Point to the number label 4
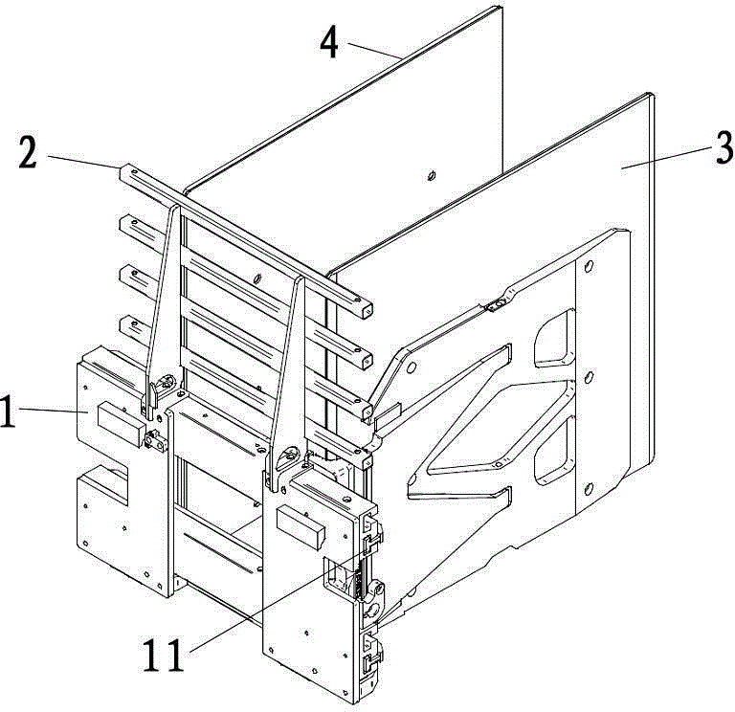pyautogui.click(x=328, y=41)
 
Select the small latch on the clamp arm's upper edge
pyautogui.click(x=496, y=306)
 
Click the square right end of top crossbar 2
pyautogui.click(x=367, y=308)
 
